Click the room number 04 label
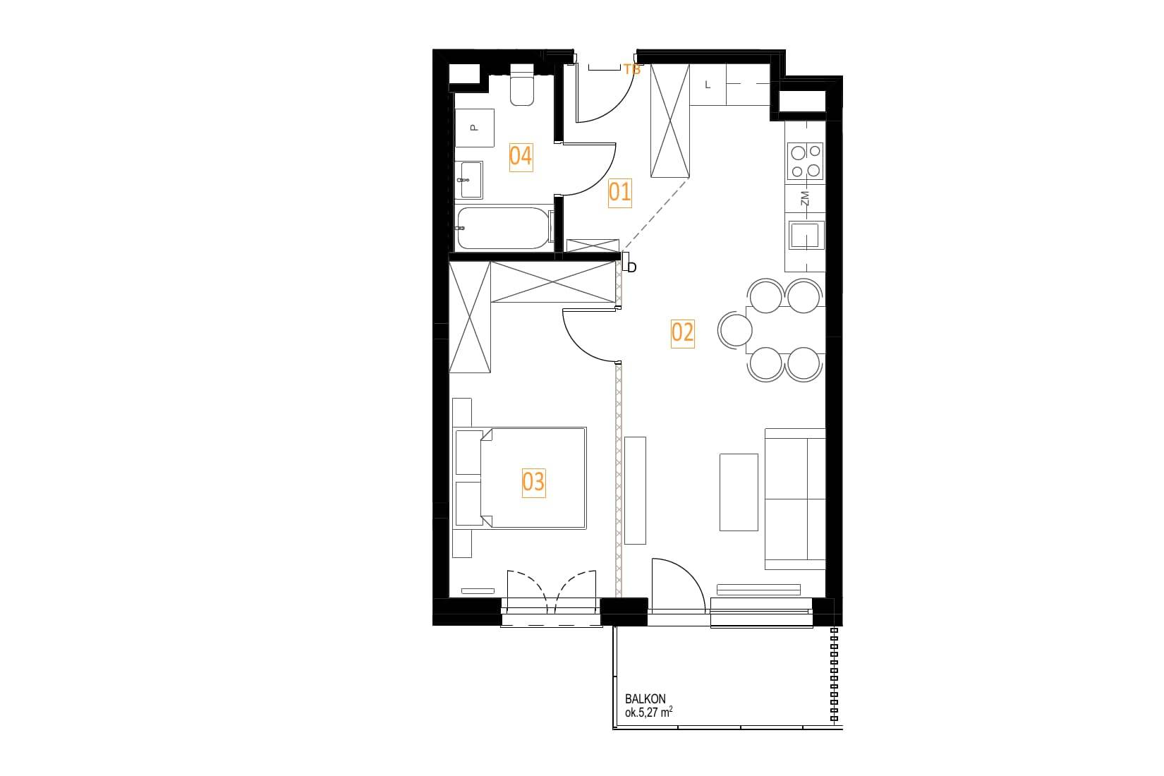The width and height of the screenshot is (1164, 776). (x=521, y=157)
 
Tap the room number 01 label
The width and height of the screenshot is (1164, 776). (x=620, y=193)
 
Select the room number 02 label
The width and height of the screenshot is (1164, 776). (x=682, y=333)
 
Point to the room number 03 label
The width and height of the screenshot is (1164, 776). (x=533, y=483)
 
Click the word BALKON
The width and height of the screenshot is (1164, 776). (x=645, y=700)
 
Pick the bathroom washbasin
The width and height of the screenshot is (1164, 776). (x=471, y=180)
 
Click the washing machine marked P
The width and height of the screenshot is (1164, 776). (x=475, y=128)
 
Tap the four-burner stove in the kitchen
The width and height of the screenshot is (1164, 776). (x=805, y=162)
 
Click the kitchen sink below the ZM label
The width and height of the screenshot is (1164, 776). (x=804, y=235)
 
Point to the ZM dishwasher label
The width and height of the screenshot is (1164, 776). (x=805, y=198)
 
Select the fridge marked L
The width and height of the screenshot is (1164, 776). (x=708, y=85)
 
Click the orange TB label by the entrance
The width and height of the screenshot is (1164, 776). (x=632, y=69)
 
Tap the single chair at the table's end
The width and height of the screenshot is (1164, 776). (x=735, y=329)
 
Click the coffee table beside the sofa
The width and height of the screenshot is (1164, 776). (x=739, y=492)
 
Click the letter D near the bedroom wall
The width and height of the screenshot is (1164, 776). (x=632, y=267)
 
